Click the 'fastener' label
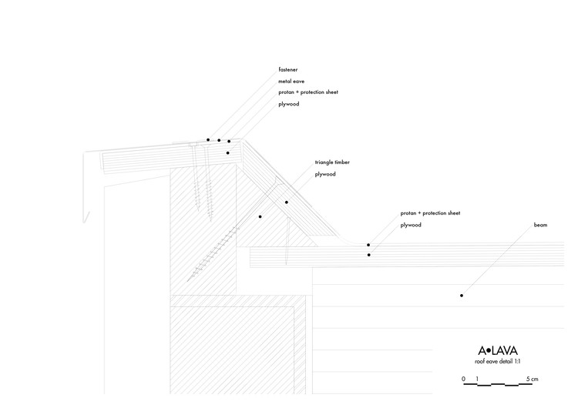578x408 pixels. point(288,70)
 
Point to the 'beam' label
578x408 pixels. point(540,226)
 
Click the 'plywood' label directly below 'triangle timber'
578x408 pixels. point(325,174)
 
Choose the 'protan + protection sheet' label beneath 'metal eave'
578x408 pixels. point(308,92)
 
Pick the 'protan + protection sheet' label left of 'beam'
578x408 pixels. point(430,213)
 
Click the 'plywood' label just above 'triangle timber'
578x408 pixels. point(289,103)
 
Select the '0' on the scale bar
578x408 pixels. point(464,380)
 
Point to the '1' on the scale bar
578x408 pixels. point(478,380)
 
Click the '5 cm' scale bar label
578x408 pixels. point(533,380)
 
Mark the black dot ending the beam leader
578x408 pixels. point(462,295)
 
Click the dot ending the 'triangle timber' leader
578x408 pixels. point(260,217)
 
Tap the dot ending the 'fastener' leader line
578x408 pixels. point(208,140)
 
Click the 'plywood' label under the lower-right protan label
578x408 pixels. point(411,225)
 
